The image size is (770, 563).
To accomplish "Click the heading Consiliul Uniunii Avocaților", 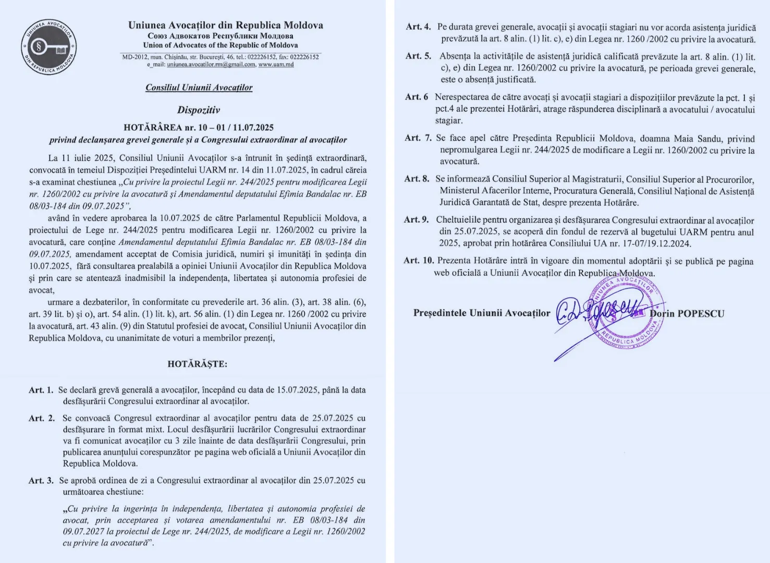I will [x=199, y=88].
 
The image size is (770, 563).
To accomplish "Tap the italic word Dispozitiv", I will [x=199, y=110].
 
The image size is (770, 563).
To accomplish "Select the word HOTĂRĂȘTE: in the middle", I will [x=197, y=364].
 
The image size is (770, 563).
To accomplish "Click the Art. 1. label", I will [x=41, y=390].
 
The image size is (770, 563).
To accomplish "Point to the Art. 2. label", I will [x=42, y=418].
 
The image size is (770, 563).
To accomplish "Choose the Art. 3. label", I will [x=41, y=481].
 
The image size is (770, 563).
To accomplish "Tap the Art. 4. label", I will [x=418, y=27].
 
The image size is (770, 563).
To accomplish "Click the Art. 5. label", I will [x=418, y=56].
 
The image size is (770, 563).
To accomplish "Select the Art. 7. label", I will [x=418, y=138].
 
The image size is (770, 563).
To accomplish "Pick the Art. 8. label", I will [x=417, y=179].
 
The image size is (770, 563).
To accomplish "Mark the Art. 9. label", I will [x=417, y=220].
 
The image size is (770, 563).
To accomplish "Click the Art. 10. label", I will [x=418, y=261].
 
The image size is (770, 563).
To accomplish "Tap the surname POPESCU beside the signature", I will [x=701, y=314].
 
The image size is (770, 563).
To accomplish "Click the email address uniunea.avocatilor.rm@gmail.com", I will [x=211, y=65].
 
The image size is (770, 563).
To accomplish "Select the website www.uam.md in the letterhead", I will [x=276, y=65].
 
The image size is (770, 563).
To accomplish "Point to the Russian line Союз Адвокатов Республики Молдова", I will [x=221, y=36].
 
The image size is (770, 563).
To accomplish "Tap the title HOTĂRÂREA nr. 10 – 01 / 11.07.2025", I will [x=199, y=128].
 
